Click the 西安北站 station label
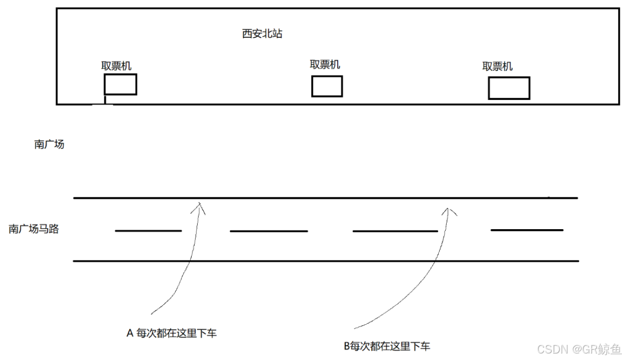point(262,34)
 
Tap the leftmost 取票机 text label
point(116,66)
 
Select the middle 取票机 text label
point(325,64)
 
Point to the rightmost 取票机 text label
point(497,66)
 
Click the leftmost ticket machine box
point(120,84)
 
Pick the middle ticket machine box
point(327,86)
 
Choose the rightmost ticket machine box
point(508,88)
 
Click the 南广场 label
point(49,144)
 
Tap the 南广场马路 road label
point(33,229)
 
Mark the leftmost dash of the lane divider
point(148,231)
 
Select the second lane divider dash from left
point(269,231)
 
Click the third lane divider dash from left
point(395,231)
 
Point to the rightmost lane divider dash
point(527,230)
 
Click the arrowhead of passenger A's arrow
point(200,206)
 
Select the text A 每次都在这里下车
point(171,334)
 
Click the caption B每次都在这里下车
point(387,346)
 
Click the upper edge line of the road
point(324,198)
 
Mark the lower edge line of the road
point(324,261)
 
